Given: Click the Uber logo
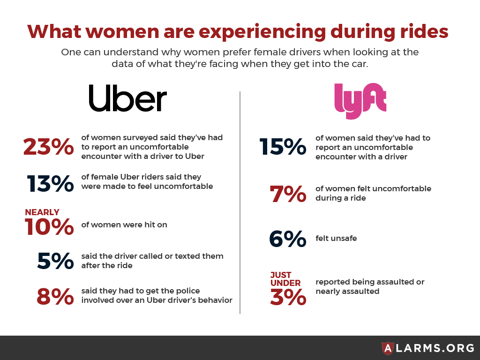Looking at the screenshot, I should pyautogui.click(x=127, y=98).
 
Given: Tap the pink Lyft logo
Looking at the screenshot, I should pyautogui.click(x=360, y=100).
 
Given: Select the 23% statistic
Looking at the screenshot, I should pyautogui.click(x=48, y=147).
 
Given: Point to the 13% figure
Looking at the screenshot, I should pyautogui.click(x=50, y=183).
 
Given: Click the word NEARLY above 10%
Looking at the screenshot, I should pyautogui.click(x=42, y=212).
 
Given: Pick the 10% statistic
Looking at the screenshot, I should pyautogui.click(x=49, y=227).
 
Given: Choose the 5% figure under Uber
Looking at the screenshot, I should pyautogui.click(x=55, y=261).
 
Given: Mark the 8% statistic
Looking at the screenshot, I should pyautogui.click(x=55, y=296).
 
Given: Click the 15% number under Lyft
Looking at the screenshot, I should pyautogui.click(x=283, y=147).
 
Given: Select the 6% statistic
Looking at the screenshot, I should pyautogui.click(x=287, y=239).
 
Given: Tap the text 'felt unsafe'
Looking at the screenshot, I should pyautogui.click(x=336, y=239).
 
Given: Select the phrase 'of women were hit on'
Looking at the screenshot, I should pyautogui.click(x=124, y=225).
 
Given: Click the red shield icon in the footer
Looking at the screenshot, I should pyautogui.click(x=388, y=348).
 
